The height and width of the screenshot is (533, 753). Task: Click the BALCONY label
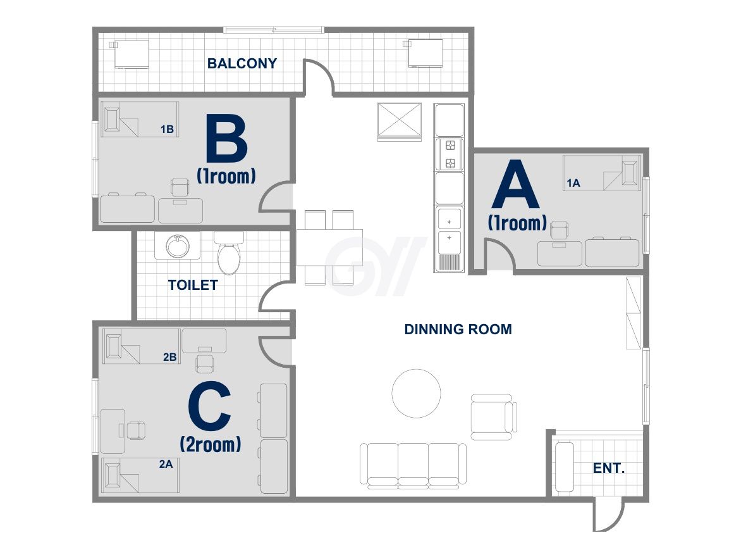point(242,63)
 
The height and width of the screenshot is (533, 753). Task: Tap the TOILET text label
point(193,285)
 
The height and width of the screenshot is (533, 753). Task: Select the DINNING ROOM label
point(458,329)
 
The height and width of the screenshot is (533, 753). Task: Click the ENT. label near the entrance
point(609,468)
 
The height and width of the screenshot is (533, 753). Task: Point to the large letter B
point(226,139)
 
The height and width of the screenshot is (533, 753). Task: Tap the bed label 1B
point(167,129)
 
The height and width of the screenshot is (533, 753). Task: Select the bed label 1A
point(573,183)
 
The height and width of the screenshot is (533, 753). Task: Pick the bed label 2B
point(169,357)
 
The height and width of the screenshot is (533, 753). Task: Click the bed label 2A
point(166,464)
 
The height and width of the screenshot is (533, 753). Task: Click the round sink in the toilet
point(178,246)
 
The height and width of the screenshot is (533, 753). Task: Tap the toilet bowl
point(229,253)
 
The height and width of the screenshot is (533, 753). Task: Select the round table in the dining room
point(417,394)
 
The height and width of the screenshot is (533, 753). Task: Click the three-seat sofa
point(413,466)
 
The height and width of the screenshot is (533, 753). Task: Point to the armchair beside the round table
point(494,417)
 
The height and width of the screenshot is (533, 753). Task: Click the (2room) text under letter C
point(211,444)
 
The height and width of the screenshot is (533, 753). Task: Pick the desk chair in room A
point(560,230)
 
